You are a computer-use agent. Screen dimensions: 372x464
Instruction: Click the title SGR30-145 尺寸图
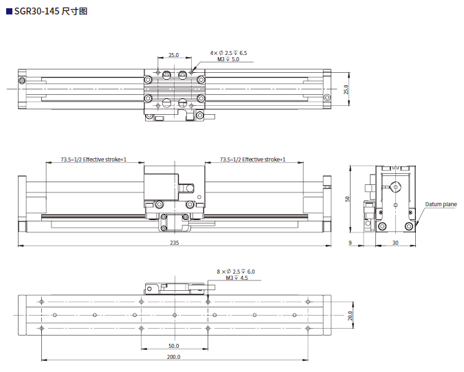(x=51, y=12)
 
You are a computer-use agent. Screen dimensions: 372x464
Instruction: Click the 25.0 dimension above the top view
(x=173, y=55)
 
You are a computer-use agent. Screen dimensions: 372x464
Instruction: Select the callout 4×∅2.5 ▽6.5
(x=228, y=52)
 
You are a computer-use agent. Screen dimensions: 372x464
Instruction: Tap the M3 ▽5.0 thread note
(x=228, y=60)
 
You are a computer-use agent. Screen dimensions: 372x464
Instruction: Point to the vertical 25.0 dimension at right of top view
(x=346, y=89)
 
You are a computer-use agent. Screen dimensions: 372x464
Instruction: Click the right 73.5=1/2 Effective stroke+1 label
(x=252, y=160)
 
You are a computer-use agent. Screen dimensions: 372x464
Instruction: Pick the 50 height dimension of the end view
(x=348, y=199)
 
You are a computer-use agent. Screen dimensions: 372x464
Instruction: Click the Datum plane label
(x=440, y=204)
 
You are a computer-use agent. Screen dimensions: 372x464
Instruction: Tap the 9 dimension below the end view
(x=350, y=243)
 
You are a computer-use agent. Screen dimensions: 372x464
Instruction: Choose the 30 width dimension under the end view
(x=395, y=243)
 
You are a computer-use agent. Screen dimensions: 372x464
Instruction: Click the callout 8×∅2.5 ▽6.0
(x=236, y=272)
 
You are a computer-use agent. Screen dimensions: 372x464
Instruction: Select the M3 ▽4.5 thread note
(x=236, y=278)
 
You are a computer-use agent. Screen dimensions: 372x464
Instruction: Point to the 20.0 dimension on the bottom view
(x=350, y=316)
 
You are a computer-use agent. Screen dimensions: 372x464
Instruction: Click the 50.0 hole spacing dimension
(x=173, y=346)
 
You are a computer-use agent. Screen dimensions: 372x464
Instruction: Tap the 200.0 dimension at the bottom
(x=173, y=357)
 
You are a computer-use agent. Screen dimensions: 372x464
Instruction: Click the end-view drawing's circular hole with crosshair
(x=396, y=186)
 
